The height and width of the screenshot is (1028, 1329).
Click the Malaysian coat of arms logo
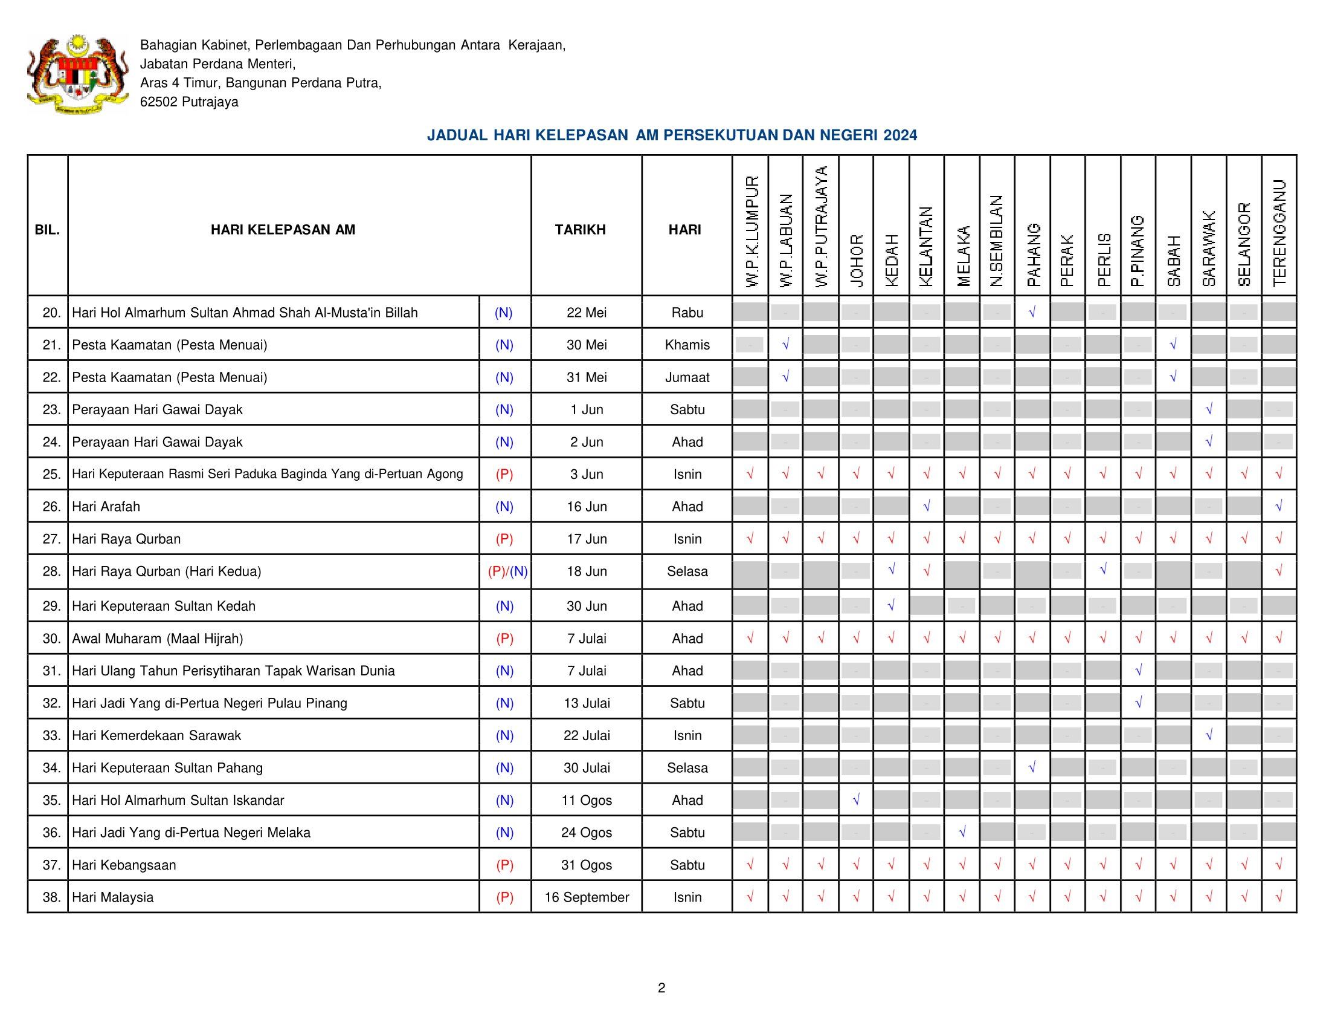pyautogui.click(x=78, y=74)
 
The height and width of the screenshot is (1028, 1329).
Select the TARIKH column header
pyautogui.click(x=580, y=230)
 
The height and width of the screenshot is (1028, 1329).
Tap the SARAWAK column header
pyautogui.click(x=1209, y=249)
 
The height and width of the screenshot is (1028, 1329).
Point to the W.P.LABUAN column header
pyautogui.click(x=785, y=240)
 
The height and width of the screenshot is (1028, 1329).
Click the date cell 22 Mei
pyautogui.click(x=587, y=313)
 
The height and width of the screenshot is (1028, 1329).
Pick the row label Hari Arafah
pyautogui.click(x=106, y=507)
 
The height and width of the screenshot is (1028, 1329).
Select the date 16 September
pyautogui.click(x=587, y=897)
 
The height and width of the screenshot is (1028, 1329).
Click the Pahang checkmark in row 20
pyautogui.click(x=1032, y=313)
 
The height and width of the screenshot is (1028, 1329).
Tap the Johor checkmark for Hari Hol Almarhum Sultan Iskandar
pyautogui.click(x=856, y=800)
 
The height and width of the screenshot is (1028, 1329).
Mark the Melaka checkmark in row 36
pyautogui.click(x=962, y=833)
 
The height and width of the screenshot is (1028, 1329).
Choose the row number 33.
pyautogui.click(x=52, y=736)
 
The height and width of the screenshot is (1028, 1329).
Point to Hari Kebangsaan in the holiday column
pyautogui.click(x=124, y=865)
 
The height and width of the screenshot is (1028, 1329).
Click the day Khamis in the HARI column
pyautogui.click(x=687, y=345)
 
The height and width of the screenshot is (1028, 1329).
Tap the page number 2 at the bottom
pyautogui.click(x=661, y=988)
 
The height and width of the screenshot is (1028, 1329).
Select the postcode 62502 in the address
pyautogui.click(x=158, y=102)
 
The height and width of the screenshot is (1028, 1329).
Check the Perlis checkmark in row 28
pyautogui.click(x=1102, y=570)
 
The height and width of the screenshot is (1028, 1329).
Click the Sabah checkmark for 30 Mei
pyautogui.click(x=1173, y=345)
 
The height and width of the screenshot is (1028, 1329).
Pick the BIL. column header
pyautogui.click(x=48, y=230)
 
